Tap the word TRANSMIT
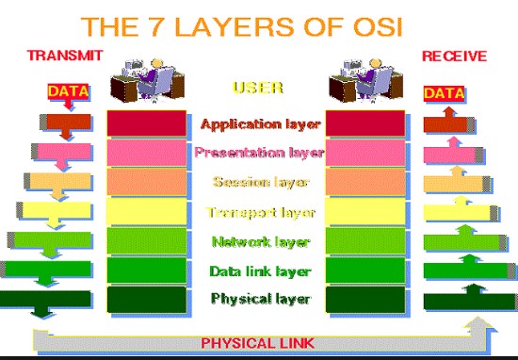[65, 56]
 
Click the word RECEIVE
[454, 56]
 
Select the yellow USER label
[258, 88]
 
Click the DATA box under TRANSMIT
[69, 91]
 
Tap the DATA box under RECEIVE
[444, 93]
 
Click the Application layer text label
[260, 124]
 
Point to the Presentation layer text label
[259, 153]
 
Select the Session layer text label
[260, 182]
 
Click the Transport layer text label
[260, 212]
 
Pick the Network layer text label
[260, 242]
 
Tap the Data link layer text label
[260, 271]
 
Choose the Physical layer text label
[260, 299]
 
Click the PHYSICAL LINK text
[257, 343]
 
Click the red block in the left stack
[147, 123]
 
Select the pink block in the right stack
[365, 153]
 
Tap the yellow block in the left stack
[147, 211]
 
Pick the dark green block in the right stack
[365, 300]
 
